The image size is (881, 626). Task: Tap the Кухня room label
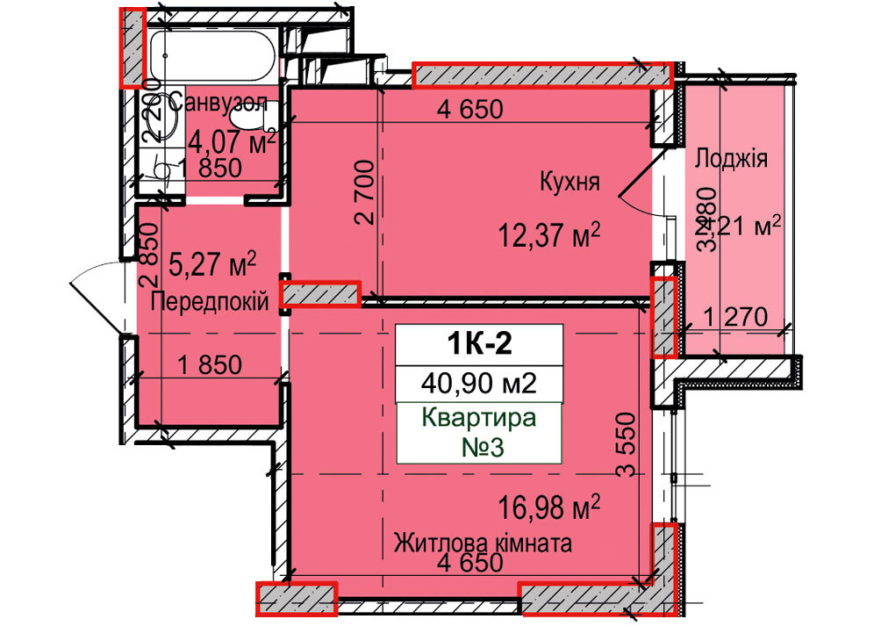tap(569, 183)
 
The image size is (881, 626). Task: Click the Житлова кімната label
tap(483, 543)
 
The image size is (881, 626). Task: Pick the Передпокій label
tap(210, 303)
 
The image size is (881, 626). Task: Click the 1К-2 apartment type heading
tap(479, 343)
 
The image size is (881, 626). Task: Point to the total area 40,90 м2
tap(479, 384)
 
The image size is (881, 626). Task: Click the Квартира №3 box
tap(479, 432)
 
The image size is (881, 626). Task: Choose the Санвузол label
tap(219, 102)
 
